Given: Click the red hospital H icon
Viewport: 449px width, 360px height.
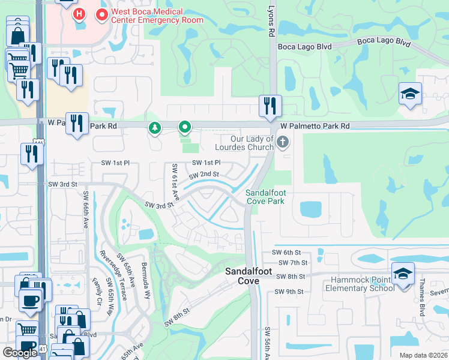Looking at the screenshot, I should (78, 13).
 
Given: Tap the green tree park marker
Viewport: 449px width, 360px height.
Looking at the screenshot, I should (155, 127).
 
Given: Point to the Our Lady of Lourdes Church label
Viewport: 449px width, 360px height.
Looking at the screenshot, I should (243, 143).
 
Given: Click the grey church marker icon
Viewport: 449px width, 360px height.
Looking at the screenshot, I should (283, 142).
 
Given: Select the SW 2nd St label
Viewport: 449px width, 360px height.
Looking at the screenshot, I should (204, 175).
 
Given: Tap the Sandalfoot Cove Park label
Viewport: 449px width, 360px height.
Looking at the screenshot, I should (265, 197).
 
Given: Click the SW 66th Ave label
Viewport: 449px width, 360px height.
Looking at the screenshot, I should (86, 210).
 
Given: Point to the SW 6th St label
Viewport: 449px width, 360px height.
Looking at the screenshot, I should (286, 253).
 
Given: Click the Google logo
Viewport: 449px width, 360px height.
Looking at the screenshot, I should (20, 353).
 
